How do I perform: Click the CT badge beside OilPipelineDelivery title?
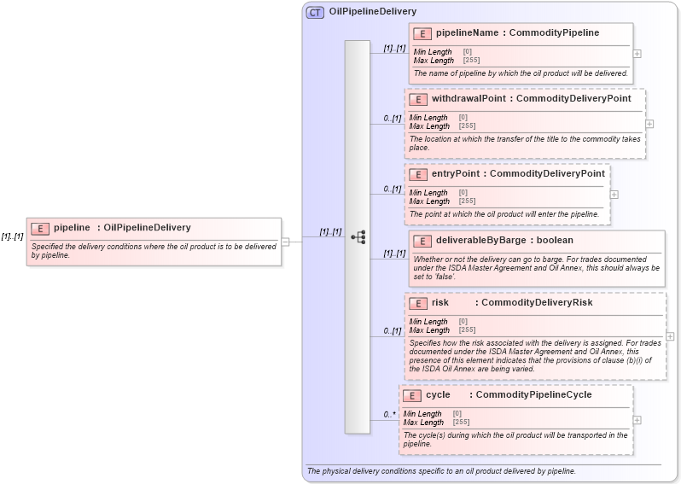(315, 12)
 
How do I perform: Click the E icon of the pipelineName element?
(422, 33)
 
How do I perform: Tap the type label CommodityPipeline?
(554, 33)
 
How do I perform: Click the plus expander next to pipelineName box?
(637, 53)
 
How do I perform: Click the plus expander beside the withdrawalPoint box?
(649, 124)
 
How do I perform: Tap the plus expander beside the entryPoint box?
(614, 195)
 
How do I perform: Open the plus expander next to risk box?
(670, 336)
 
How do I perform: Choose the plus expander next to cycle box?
(637, 420)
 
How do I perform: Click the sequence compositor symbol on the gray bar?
(358, 236)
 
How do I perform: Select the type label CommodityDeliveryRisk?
(537, 302)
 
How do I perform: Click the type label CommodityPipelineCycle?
(533, 395)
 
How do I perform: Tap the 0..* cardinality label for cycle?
(388, 415)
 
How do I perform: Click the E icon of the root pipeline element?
(40, 228)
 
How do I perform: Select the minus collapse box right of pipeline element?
(286, 242)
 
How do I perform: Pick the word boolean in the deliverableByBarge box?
(555, 241)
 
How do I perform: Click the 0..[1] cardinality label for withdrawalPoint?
(392, 119)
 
